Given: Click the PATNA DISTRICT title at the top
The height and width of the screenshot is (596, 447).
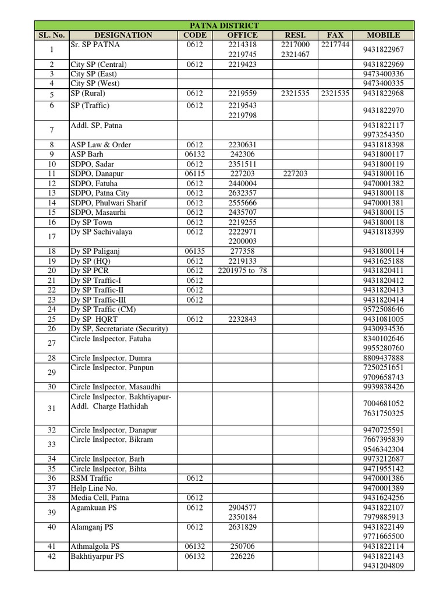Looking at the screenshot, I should point(224,25).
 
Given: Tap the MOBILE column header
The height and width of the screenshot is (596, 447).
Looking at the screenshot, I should point(383,35).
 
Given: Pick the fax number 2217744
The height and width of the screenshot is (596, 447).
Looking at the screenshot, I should point(335,45).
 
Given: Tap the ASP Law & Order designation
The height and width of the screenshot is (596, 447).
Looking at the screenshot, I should point(101,145).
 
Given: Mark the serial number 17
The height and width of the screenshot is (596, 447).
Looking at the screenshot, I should point(51,237).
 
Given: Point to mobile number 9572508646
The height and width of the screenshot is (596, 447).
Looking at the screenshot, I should point(383,310).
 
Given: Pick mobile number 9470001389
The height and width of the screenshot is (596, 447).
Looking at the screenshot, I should point(383,488).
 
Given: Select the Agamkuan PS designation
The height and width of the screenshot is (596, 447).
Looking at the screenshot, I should point(93,508).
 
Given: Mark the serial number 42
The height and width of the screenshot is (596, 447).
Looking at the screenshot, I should point(51,556).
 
